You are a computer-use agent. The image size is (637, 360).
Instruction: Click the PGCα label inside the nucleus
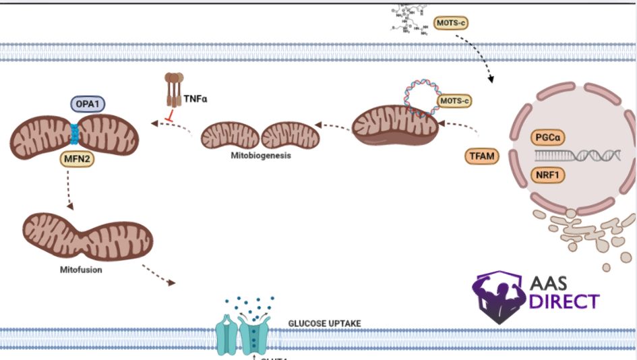click(547, 138)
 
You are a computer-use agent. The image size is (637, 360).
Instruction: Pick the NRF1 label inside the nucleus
click(547, 175)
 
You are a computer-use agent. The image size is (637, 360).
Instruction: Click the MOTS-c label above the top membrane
click(451, 23)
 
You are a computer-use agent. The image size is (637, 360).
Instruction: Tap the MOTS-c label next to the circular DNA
click(454, 102)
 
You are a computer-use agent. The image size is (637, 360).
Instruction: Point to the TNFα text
click(197, 99)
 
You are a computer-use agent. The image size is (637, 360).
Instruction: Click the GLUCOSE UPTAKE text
click(324, 324)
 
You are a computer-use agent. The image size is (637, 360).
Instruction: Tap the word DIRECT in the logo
click(564, 301)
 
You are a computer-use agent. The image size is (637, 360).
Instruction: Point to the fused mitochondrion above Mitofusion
click(88, 236)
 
